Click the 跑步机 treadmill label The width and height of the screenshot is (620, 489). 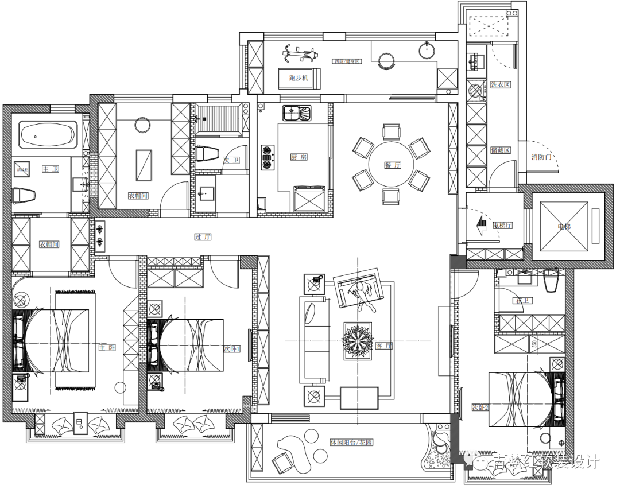pyautogui.click(x=299, y=77)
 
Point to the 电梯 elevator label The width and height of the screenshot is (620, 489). pyautogui.click(x=565, y=227)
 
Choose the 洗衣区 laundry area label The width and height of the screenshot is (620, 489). pyautogui.click(x=500, y=85)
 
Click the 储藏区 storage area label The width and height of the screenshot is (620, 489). pyautogui.click(x=500, y=151)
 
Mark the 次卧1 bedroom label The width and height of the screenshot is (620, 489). pyautogui.click(x=232, y=348)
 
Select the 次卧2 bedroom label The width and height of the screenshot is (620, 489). pyautogui.click(x=480, y=407)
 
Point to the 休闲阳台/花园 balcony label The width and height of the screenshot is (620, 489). pyautogui.click(x=351, y=443)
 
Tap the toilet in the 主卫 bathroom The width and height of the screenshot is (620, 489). pyautogui.click(x=24, y=196)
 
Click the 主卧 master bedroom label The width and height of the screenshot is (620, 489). pyautogui.click(x=107, y=348)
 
